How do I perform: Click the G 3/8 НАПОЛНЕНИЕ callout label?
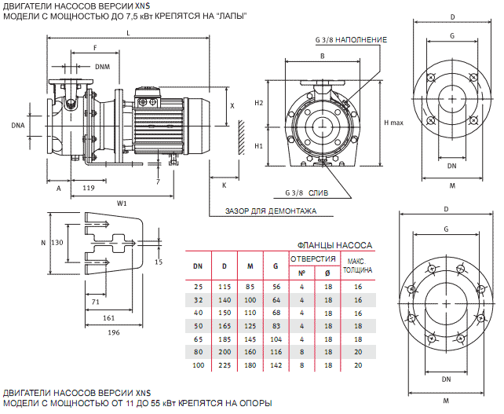coord(352,39)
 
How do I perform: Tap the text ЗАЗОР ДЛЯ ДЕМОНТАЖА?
coord(271,211)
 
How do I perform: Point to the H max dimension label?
coord(393,123)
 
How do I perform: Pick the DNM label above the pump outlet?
coord(102,67)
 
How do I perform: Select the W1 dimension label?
coord(122,203)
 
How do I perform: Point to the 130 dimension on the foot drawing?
coord(57,243)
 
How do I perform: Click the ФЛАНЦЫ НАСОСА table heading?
coord(335,245)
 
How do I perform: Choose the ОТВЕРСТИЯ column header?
coord(313,258)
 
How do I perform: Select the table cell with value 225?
coord(225,365)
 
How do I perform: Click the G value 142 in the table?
coord(275,365)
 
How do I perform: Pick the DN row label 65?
coord(198,339)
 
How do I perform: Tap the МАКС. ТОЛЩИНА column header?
coord(357,266)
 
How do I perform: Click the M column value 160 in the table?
coord(250,352)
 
